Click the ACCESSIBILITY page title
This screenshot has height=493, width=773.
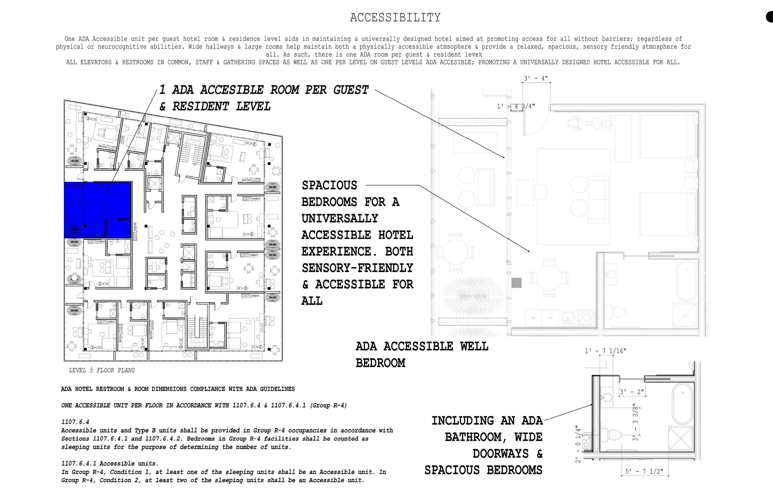coord(395,17)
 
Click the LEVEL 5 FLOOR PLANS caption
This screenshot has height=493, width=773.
coord(101,370)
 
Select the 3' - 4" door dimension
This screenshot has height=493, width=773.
coord(536,78)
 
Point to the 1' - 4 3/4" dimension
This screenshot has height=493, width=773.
coord(516,106)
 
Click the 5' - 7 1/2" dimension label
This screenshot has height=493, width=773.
coord(644,471)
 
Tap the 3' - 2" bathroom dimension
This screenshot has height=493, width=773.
coord(631,392)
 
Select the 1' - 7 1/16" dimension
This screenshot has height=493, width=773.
coord(605,351)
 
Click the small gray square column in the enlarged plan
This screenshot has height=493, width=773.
coord(516,283)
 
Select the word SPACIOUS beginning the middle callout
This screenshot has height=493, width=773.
coord(329,185)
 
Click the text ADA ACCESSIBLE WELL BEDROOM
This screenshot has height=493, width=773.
coord(421,354)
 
